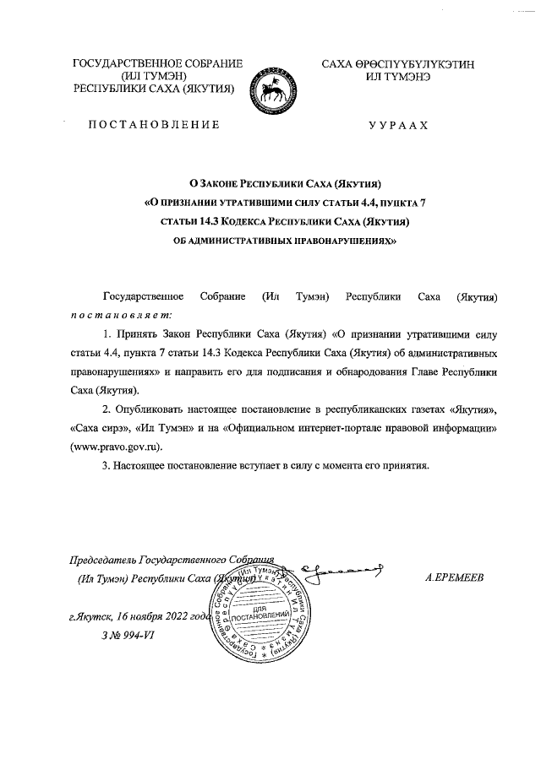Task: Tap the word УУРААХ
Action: click(398, 125)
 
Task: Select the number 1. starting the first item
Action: click(107, 335)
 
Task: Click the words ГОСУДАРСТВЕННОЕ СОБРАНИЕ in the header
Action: click(158, 63)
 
